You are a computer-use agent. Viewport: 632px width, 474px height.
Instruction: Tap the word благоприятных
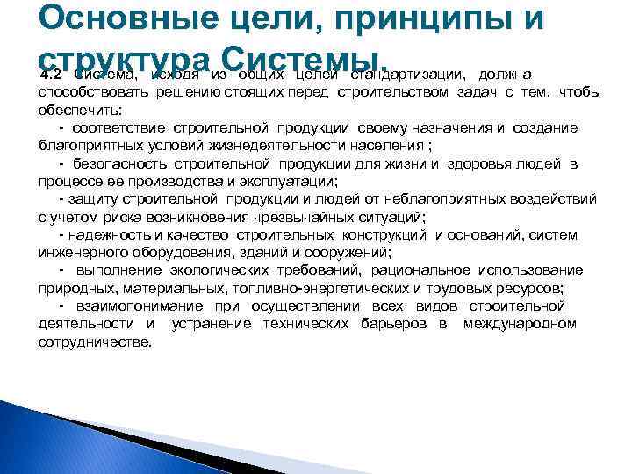tap(93, 145)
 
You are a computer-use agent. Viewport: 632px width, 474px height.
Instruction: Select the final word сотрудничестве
tap(95, 341)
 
